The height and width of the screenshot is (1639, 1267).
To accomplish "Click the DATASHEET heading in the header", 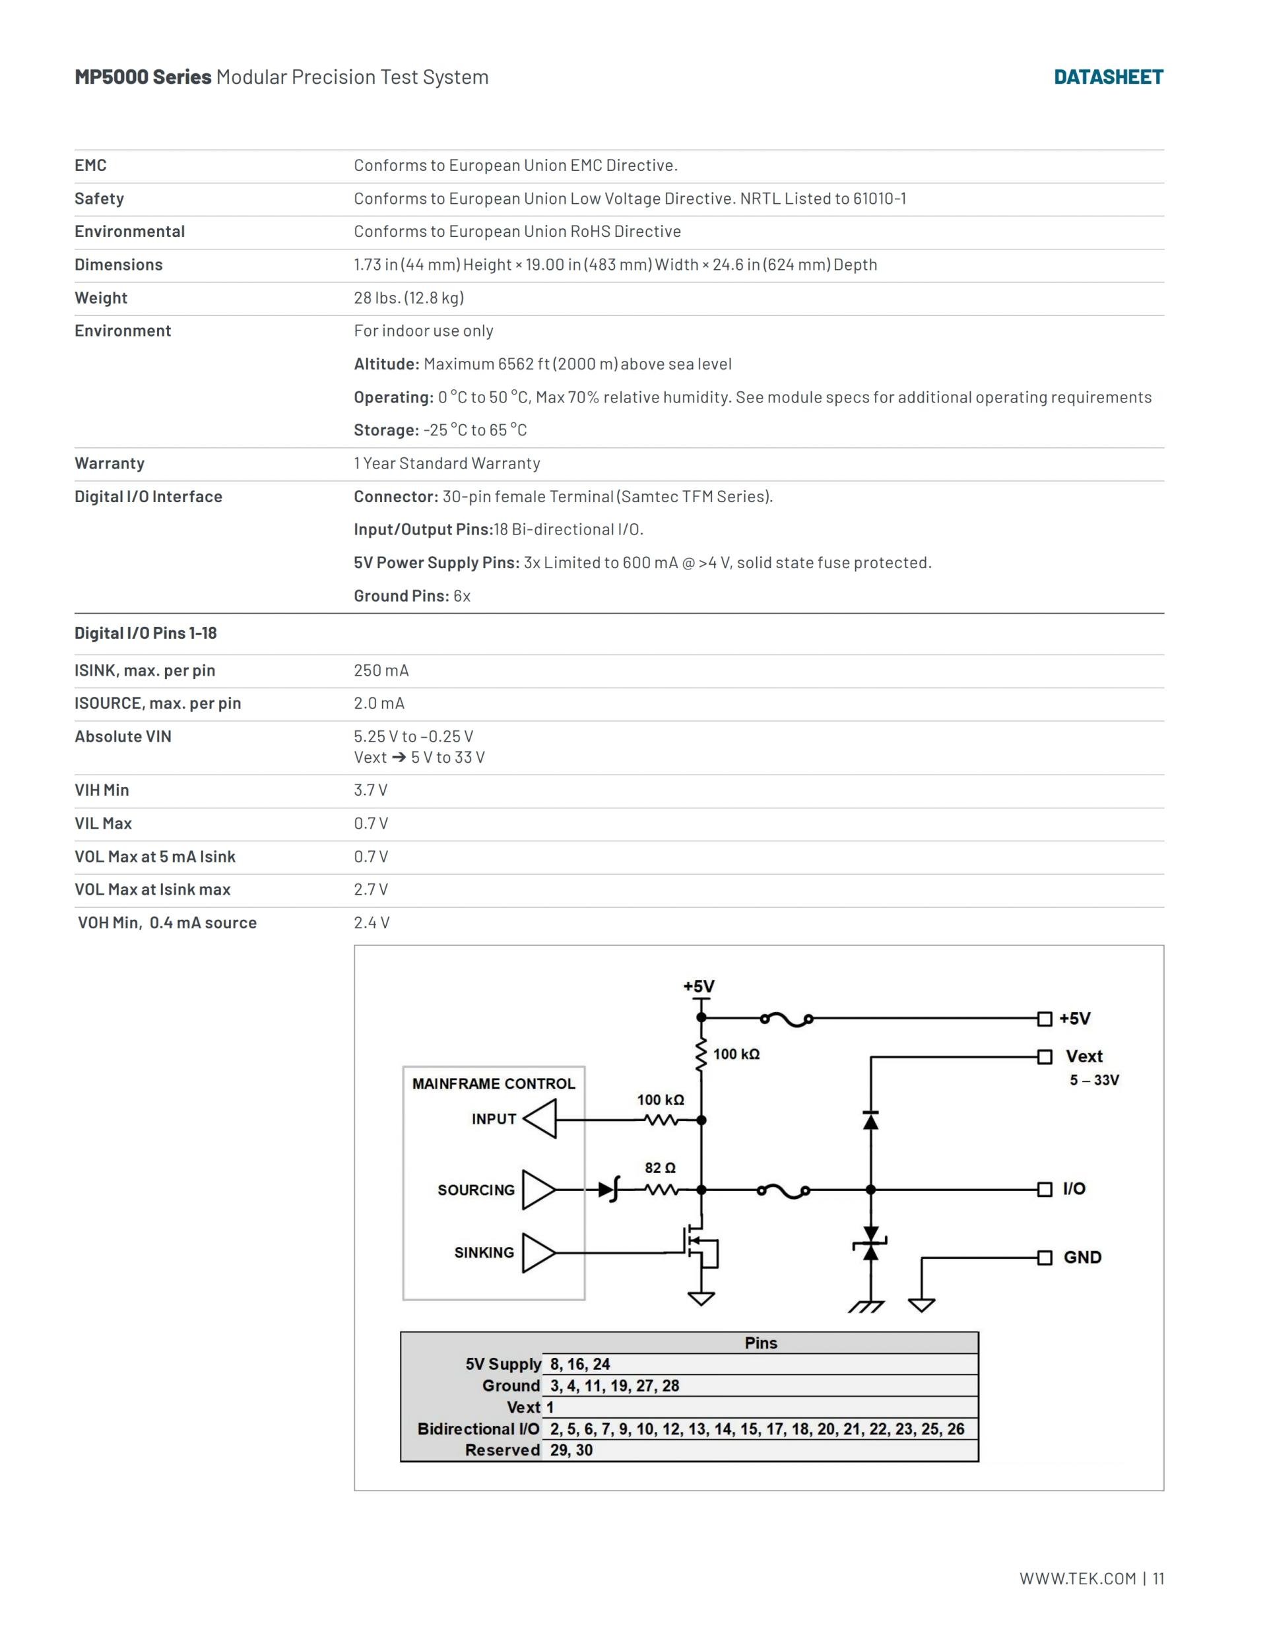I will [1108, 77].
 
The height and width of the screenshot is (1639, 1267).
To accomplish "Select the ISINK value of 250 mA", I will [381, 670].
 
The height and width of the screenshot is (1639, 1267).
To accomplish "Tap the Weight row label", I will [100, 298].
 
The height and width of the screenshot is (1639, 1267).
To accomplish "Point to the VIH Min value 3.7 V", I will [371, 790].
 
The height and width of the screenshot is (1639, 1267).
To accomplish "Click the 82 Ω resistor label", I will [660, 1168].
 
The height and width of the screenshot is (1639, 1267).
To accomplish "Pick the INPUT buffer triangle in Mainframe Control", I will [540, 1119].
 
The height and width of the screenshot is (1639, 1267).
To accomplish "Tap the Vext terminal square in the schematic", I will [1044, 1056].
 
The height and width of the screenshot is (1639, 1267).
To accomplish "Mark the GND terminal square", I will [1044, 1257].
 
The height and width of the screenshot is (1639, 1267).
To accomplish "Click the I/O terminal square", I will [1044, 1189].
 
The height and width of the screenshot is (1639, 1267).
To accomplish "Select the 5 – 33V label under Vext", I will [1093, 1080].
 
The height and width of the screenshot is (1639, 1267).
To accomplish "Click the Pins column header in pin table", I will [760, 1343].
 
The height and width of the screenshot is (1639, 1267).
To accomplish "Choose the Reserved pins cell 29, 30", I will [571, 1450].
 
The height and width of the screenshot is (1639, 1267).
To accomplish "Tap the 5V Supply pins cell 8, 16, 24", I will [579, 1364].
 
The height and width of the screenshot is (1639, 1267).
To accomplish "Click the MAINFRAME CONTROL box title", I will [493, 1083].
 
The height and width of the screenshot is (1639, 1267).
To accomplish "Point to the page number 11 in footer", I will [1158, 1578].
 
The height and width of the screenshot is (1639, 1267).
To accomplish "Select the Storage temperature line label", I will [386, 430].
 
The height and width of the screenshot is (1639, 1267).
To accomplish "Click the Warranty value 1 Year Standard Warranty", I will [447, 463].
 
